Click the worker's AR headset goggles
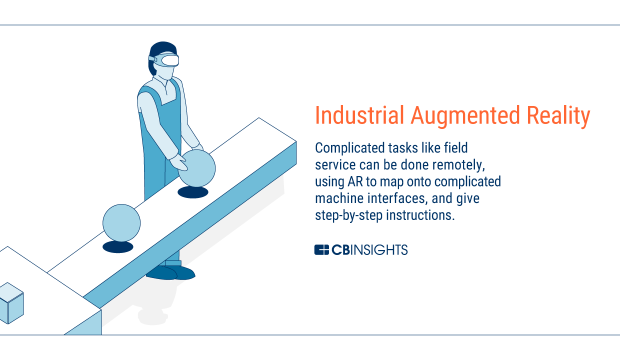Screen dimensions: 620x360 [164, 60]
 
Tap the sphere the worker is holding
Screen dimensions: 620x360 [197, 168]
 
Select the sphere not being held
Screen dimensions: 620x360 [121, 223]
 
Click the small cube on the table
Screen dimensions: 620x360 [11, 303]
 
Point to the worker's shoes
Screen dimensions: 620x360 [171, 272]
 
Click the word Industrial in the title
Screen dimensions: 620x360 [359, 115]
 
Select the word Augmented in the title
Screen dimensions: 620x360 [465, 116]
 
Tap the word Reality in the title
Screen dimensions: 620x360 [558, 116]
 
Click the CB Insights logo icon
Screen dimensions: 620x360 [321, 250]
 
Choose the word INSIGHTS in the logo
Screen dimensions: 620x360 [379, 250]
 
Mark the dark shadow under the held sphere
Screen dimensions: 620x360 [193, 192]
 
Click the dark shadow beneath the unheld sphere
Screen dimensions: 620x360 [118, 247]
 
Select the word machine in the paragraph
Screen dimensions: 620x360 [331, 198]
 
